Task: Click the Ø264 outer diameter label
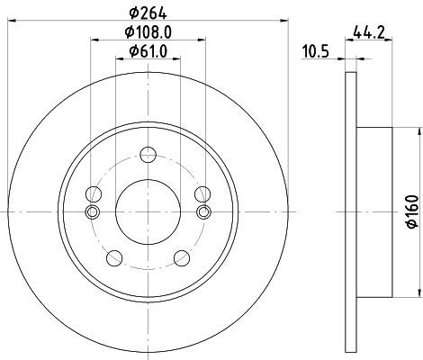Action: click(x=148, y=13)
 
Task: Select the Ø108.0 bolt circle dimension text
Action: click(x=148, y=32)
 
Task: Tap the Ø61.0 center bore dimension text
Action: click(x=148, y=51)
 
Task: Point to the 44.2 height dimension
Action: click(x=369, y=32)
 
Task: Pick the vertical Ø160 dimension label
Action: click(x=413, y=211)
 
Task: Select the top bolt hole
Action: click(x=148, y=155)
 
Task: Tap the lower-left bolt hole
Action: click(x=114, y=258)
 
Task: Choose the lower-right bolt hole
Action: click(x=182, y=258)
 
